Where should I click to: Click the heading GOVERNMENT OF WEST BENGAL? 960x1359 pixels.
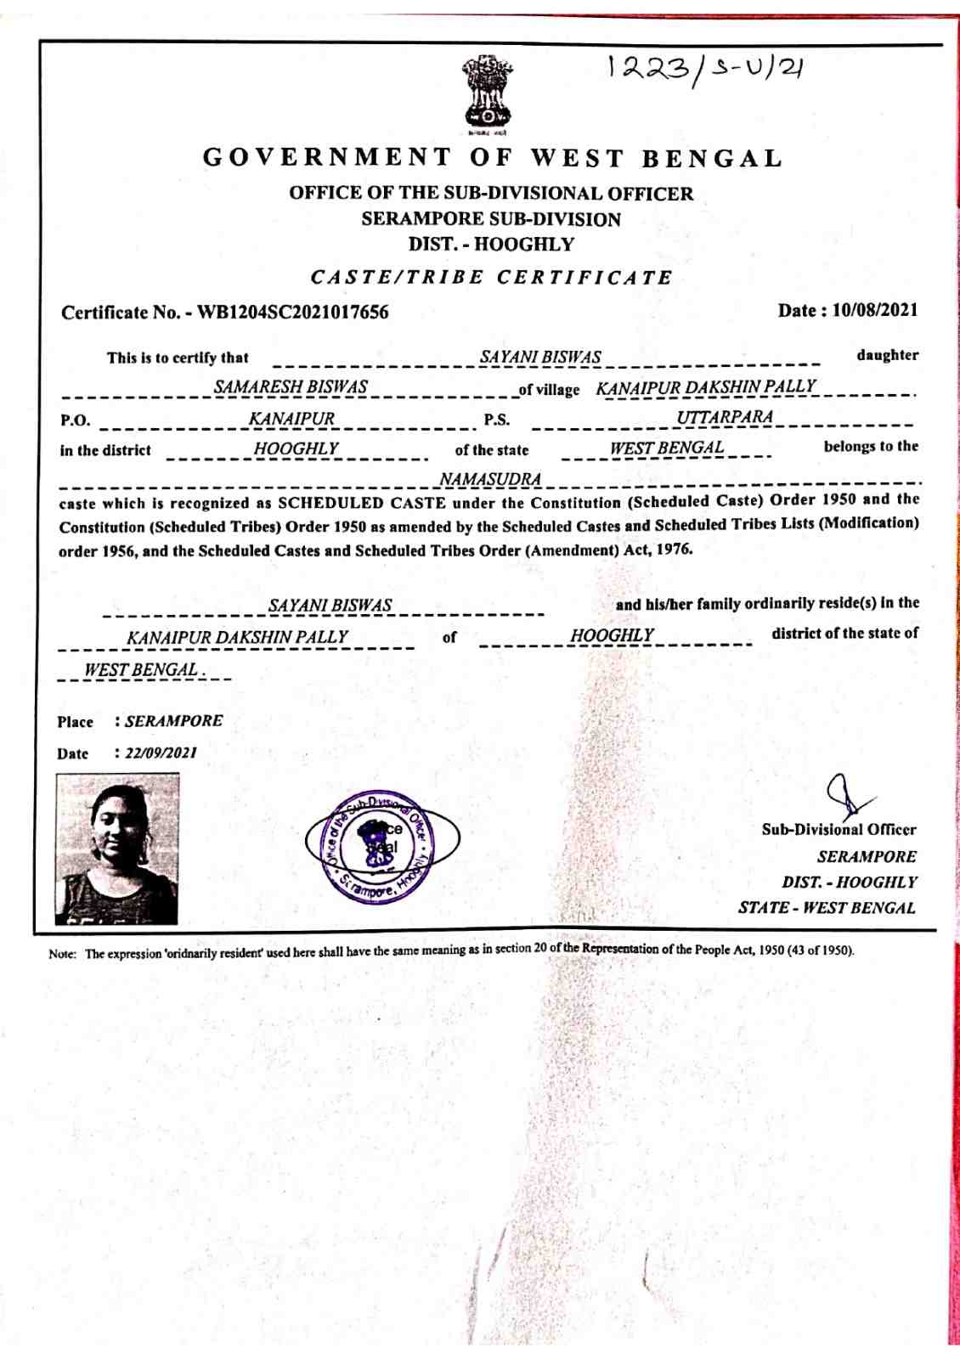492,158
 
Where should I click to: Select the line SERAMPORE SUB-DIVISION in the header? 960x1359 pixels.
491,219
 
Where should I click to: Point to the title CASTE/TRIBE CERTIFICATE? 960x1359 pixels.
492,278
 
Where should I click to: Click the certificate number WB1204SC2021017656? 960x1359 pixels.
293,313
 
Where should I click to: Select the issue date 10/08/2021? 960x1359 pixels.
875,310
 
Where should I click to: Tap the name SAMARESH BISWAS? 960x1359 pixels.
291,387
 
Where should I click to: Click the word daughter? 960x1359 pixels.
887,356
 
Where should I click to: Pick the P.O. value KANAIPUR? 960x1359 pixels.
291,419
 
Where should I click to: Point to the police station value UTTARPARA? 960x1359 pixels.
725,417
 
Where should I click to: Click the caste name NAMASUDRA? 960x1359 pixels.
490,480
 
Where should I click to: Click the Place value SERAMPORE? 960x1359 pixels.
173,721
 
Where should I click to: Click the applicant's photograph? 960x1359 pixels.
117,849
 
